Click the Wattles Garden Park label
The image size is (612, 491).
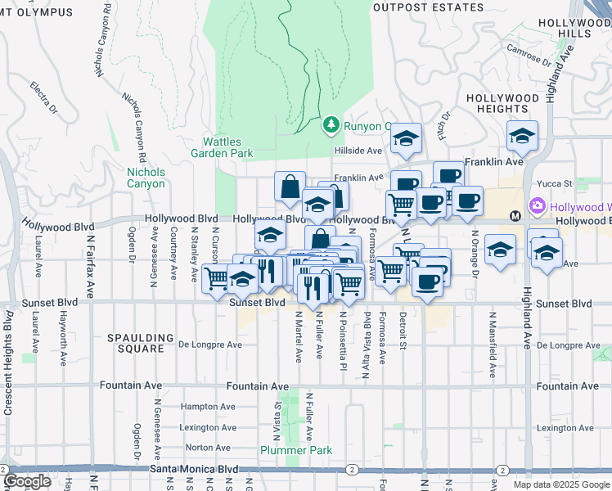point(222,147)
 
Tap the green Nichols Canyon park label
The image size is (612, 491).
point(146,178)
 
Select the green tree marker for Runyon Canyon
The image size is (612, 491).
point(331,124)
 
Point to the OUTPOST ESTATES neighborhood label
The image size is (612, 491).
point(427,7)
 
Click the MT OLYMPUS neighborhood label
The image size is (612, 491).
point(36,13)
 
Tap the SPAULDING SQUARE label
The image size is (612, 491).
point(140,342)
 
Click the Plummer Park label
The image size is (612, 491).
point(295,450)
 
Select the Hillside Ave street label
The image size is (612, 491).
point(358,151)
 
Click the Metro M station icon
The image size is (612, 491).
point(515,216)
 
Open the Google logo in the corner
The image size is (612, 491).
point(28,481)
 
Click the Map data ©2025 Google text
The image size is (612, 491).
point(561,484)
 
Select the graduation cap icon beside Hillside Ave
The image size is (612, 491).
point(404,139)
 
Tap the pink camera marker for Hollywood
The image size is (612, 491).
point(538,206)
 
